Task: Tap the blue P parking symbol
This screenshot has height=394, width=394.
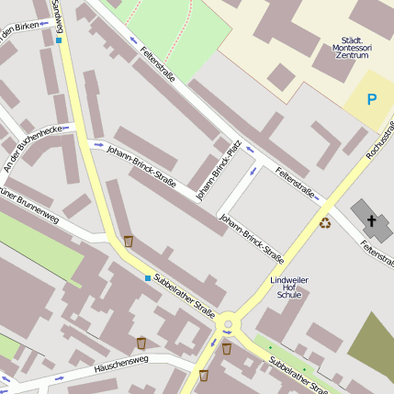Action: point(372,99)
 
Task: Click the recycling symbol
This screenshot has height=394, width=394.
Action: point(325,221)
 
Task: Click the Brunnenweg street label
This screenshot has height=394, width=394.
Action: point(28,208)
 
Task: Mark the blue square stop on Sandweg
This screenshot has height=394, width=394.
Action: point(60,40)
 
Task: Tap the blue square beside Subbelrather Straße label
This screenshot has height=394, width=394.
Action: point(147,277)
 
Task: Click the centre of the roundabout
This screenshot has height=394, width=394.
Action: point(228,324)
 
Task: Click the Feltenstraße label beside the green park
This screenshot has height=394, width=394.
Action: point(158,65)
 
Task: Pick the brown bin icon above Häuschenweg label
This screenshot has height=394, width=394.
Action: point(141,343)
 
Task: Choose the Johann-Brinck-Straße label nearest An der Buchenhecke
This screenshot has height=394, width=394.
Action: point(141,163)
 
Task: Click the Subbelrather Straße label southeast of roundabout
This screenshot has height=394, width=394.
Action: point(298,376)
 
